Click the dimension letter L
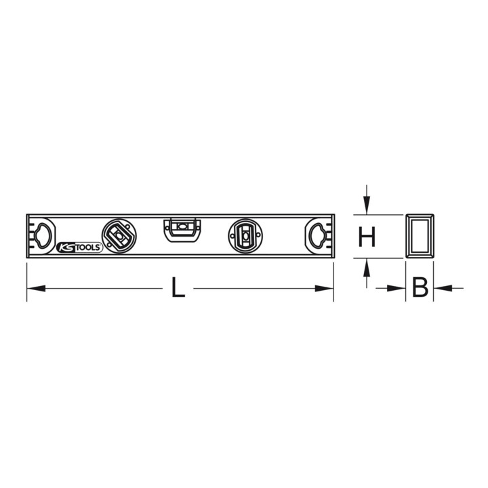pos(178,287)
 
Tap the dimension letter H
pos(367,237)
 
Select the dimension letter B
pos(420,287)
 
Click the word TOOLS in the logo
pos(88,247)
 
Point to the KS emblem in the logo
pos(66,248)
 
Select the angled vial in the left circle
pos(119,236)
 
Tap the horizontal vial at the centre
pos(182,226)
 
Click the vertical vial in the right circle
pos(245,237)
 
